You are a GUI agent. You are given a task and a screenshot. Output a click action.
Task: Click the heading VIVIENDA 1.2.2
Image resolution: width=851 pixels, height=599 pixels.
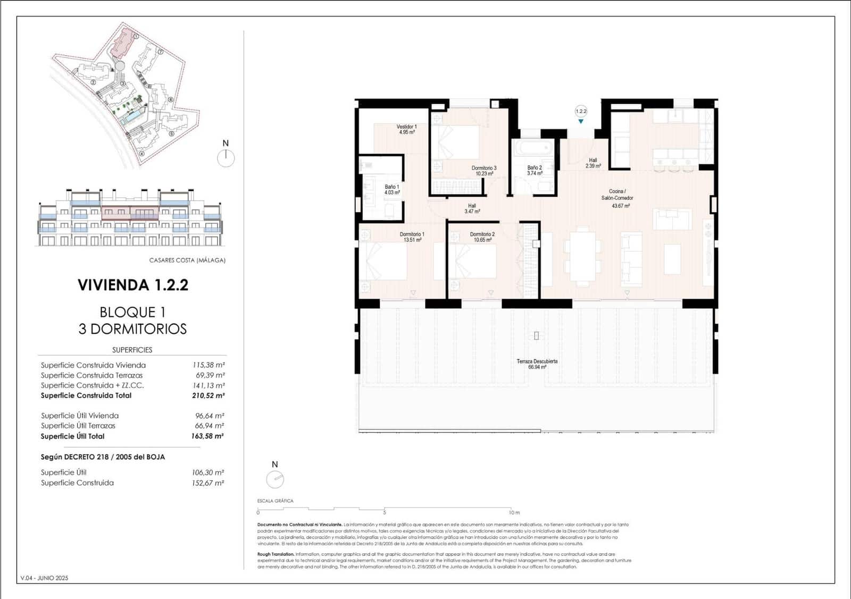(133, 285)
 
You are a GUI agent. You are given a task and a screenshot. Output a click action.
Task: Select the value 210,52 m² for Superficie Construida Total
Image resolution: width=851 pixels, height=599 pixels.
(208, 395)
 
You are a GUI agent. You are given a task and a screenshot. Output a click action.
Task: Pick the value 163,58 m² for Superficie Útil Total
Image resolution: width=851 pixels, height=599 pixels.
(207, 436)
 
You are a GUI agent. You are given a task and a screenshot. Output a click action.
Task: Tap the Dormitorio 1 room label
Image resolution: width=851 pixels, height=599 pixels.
(412, 237)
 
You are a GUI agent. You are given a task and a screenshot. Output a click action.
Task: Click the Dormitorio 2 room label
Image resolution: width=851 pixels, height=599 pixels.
(482, 237)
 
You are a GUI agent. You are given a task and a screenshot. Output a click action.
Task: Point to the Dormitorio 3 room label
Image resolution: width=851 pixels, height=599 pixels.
(483, 171)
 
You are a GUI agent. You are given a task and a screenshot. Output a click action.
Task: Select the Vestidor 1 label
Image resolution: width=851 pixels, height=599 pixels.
(406, 129)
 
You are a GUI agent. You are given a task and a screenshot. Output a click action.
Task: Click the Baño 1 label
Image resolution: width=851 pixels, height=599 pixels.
(392, 190)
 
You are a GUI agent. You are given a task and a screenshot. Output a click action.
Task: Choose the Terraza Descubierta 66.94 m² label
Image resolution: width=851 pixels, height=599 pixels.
(537, 364)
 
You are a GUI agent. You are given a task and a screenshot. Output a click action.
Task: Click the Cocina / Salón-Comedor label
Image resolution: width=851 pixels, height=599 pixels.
(617, 198)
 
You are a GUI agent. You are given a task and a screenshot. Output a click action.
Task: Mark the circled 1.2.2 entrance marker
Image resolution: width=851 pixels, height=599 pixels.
(581, 111)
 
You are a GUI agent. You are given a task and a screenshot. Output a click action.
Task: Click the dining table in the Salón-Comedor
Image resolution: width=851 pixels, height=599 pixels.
(582, 256)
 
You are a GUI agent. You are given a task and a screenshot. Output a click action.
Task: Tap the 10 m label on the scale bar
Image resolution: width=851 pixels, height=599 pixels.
(514, 513)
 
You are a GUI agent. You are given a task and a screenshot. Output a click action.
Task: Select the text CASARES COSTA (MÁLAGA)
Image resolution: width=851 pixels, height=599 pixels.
(187, 260)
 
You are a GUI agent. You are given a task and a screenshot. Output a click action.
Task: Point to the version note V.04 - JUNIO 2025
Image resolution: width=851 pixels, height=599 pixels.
(45, 578)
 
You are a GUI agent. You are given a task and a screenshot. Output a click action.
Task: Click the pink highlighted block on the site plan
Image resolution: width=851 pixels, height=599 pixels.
(123, 44)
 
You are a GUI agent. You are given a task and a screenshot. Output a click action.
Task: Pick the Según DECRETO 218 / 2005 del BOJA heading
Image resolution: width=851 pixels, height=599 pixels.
(103, 457)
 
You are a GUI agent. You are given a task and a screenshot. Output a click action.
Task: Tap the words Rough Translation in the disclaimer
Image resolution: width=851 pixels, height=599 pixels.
(275, 554)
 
